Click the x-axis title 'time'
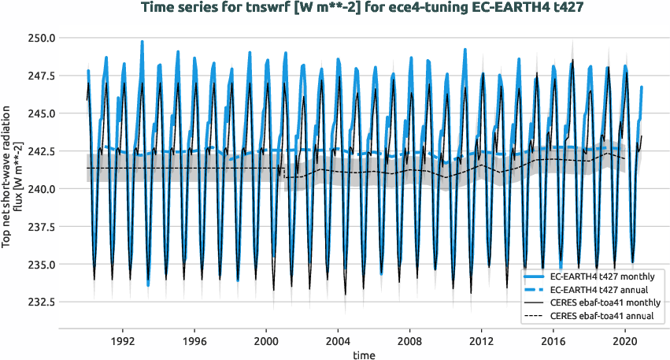(x=364, y=355)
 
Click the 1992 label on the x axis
(x=123, y=342)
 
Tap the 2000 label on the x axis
(x=266, y=342)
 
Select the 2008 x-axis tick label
(x=409, y=342)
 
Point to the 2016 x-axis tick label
(x=553, y=342)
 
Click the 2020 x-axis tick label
(x=624, y=342)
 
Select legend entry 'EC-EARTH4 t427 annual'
(x=604, y=290)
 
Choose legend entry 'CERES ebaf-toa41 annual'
(x=604, y=317)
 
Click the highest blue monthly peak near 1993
(x=143, y=42)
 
